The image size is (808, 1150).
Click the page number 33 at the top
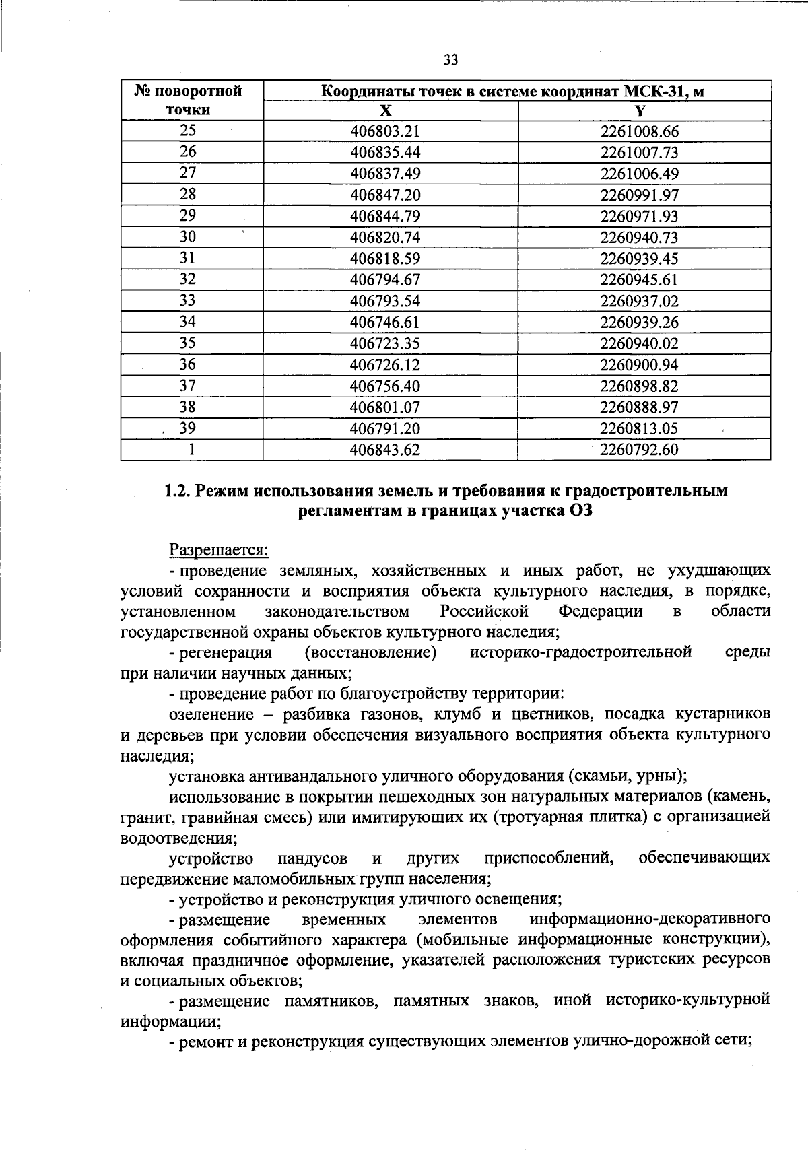pos(450,61)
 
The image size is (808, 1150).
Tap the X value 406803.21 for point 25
pos(385,131)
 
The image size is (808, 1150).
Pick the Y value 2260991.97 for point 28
pos(639,195)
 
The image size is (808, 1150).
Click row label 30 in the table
pos(188,237)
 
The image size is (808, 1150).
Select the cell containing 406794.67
pos(385,280)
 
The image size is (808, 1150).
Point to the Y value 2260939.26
pos(639,323)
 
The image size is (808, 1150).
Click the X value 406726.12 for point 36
pos(385,365)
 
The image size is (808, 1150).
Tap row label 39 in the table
pos(188,428)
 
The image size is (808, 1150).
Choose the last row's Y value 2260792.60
pos(639,450)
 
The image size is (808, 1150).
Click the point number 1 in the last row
pos(192,450)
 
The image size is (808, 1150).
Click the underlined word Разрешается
pos(218,550)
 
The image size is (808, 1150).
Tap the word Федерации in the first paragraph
pos(601,611)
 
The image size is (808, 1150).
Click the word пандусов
pos(312,858)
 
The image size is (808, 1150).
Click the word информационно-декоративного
pos(650,919)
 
